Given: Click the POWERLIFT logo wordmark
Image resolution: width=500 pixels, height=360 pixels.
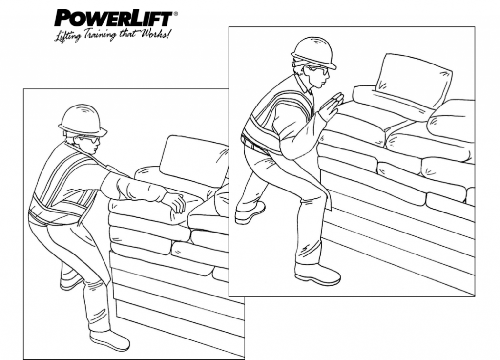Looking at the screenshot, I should coord(113,19).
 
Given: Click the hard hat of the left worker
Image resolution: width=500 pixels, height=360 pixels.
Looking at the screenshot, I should coord(82,120).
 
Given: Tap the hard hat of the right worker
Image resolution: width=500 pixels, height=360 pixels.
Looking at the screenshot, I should coord(313,52).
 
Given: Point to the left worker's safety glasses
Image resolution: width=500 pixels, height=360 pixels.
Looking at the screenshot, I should coord(90,139).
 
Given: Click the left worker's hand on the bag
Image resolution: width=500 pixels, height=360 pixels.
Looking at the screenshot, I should coord(174,201).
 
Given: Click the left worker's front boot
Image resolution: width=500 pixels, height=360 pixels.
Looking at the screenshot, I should coord(109,339).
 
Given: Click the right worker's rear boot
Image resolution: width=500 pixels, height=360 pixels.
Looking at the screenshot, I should coord(250,213).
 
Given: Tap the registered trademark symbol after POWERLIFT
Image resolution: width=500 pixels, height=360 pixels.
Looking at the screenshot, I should coord(175,14).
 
